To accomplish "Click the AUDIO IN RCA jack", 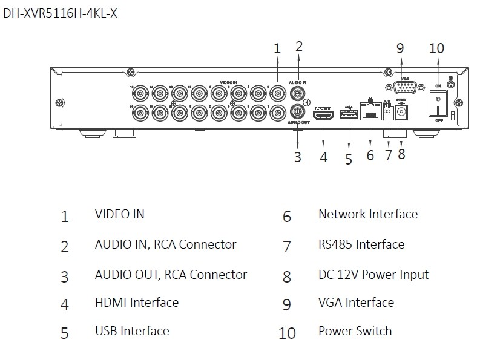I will point(297,94).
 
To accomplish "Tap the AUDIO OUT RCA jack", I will point(297,111).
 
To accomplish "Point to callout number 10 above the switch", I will point(436,49).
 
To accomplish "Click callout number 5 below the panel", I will point(349,159).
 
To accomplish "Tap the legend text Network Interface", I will point(368,214).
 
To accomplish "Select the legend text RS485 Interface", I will point(361,244).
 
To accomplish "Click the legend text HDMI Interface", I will point(137,302).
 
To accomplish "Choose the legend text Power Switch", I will point(355,331).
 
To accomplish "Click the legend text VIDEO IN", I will point(120,214).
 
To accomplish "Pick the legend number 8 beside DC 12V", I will point(287,277).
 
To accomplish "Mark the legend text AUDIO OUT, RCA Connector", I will point(171,275).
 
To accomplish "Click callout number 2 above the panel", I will point(298,46).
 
